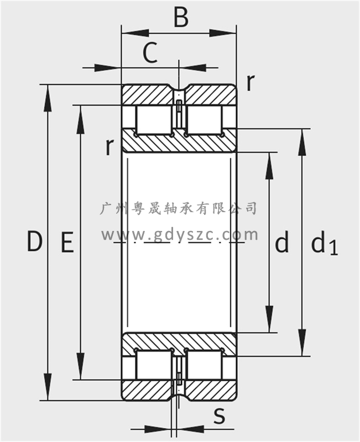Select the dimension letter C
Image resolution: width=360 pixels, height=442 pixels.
pyautogui.click(x=150, y=54)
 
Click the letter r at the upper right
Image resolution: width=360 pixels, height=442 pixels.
pyautogui.click(x=250, y=82)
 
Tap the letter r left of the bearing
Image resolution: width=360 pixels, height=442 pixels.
pyautogui.click(x=110, y=147)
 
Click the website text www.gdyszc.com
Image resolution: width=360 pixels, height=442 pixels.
pyautogui.click(x=180, y=234)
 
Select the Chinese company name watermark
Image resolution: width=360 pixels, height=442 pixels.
pyautogui.click(x=180, y=208)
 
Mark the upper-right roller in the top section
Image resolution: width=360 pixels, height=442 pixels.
pyautogui.click(x=205, y=119)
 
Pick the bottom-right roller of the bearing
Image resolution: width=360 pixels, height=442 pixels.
pyautogui.click(x=205, y=365)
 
